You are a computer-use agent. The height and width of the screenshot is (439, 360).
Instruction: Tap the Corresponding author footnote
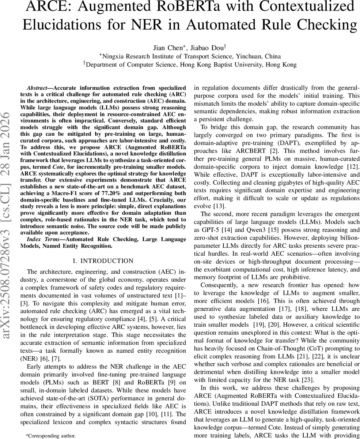(51, 436)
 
